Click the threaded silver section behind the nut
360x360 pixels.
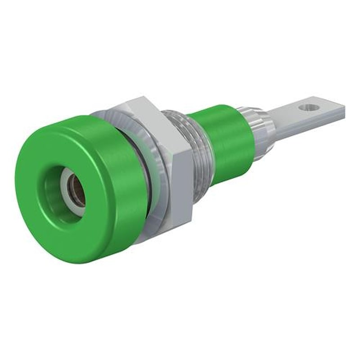198,148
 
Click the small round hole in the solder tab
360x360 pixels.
308,108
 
